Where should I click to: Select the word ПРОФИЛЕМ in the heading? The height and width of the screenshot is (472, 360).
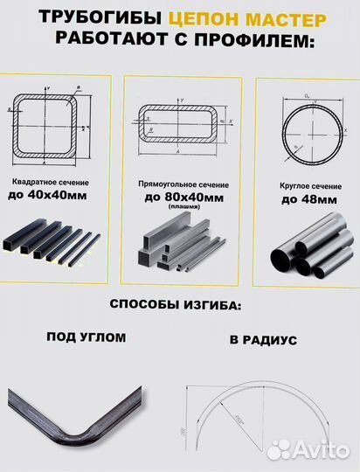[239, 41]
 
